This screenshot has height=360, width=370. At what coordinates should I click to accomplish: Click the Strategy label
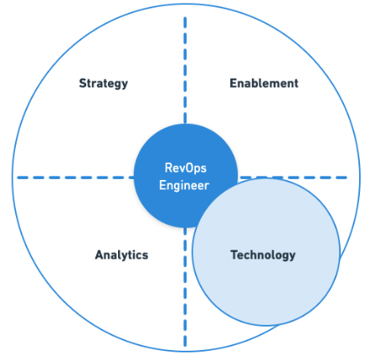[x=103, y=83]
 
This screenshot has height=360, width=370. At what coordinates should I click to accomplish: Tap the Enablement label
[x=264, y=83]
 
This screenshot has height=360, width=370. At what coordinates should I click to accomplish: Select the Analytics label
[x=121, y=255]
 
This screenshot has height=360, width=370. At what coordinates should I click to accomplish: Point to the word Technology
[x=263, y=255]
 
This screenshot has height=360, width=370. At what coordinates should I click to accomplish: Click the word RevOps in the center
[x=185, y=168]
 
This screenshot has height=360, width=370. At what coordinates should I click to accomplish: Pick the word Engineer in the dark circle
[x=184, y=185]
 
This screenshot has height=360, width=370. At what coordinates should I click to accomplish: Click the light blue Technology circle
[x=276, y=285]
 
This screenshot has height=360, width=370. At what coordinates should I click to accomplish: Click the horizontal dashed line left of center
[x=75, y=177]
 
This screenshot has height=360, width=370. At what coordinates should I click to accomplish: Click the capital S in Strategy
[x=83, y=83]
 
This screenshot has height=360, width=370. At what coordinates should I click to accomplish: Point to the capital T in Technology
[x=234, y=255]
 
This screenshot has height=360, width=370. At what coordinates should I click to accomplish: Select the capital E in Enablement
[x=233, y=83]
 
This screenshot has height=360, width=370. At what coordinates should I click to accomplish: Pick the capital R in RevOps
[x=167, y=168]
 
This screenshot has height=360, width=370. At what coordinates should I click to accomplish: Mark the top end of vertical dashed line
[x=185, y=19]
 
